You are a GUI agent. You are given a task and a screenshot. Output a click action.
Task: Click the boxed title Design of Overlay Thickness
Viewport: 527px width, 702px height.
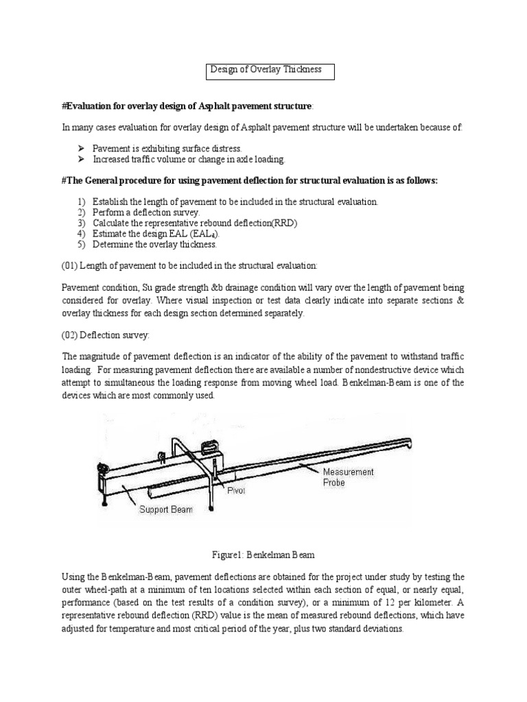(x=270, y=70)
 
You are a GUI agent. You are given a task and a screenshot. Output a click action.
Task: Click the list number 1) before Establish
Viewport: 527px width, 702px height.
(x=81, y=202)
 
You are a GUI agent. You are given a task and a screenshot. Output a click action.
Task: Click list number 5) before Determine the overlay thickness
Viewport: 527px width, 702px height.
(x=81, y=244)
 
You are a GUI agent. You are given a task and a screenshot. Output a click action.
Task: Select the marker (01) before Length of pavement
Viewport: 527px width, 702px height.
(x=71, y=265)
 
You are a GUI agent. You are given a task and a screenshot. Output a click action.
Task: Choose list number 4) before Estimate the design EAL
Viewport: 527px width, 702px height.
(x=81, y=234)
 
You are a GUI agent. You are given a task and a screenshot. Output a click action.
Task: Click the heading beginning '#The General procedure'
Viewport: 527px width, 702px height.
(x=250, y=180)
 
